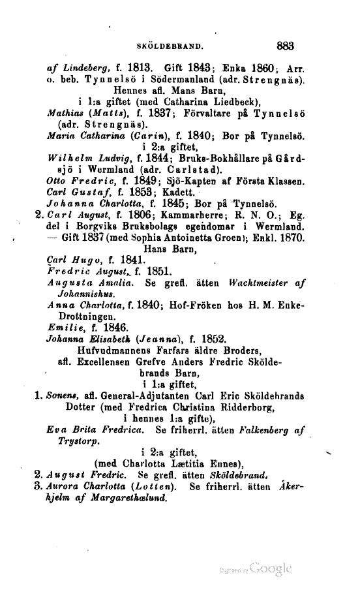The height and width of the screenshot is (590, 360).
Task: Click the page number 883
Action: point(286,46)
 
